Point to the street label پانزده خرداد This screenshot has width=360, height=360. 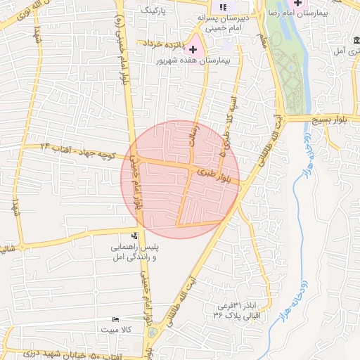tap(165, 45)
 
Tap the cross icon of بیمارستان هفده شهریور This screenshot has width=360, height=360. tap(193, 49)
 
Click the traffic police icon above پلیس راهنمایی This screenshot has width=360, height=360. tap(135, 236)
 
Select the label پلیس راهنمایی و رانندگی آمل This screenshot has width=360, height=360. tap(134, 253)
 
